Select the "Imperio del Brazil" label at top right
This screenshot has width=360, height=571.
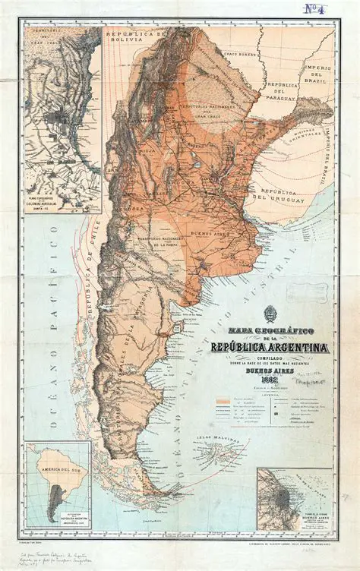coord(318,76)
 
